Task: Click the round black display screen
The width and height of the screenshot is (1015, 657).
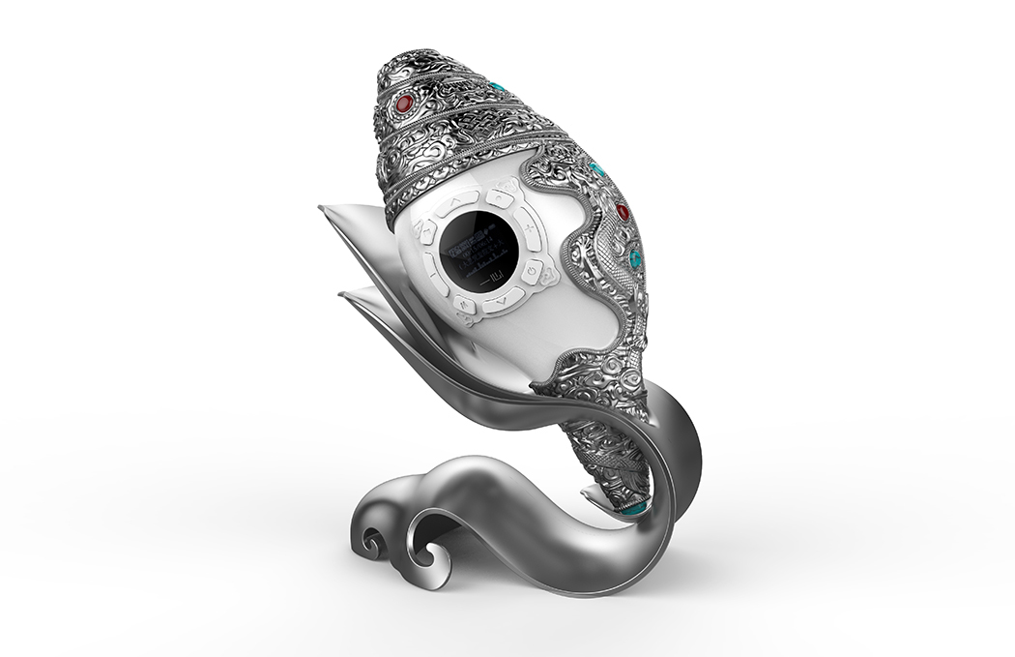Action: click(x=479, y=249)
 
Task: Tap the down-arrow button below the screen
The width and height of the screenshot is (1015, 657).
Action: click(x=502, y=302)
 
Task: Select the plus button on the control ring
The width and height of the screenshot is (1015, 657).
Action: click(x=529, y=228)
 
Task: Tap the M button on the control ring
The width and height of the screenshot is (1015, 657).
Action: click(x=464, y=304)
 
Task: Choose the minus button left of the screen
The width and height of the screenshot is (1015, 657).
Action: click(x=434, y=275)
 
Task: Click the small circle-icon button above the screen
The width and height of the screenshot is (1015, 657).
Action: click(x=499, y=197)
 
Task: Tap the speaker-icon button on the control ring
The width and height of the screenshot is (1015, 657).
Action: click(x=427, y=232)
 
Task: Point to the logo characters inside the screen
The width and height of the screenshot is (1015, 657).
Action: click(x=492, y=280)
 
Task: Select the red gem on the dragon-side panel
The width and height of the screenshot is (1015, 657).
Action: click(x=623, y=212)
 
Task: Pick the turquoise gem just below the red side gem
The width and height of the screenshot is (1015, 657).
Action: click(x=634, y=258)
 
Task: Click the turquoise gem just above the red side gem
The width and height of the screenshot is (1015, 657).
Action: click(x=598, y=170)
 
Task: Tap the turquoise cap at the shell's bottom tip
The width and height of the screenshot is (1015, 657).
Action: click(x=634, y=506)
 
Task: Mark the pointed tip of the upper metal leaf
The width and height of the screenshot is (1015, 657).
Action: click(x=322, y=207)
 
